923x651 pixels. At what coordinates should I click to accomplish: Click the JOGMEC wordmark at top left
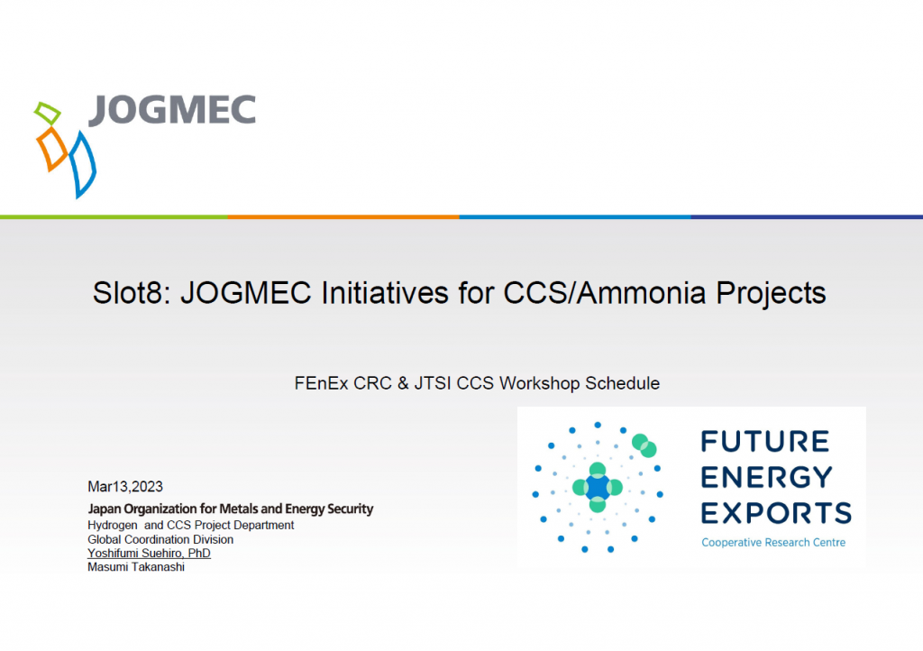[172, 110]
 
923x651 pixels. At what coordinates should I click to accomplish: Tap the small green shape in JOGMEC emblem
[48, 114]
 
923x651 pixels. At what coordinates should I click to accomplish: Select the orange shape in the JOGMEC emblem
[51, 148]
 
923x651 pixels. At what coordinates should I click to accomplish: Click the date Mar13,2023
[125, 487]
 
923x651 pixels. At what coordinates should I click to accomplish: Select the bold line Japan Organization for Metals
[230, 509]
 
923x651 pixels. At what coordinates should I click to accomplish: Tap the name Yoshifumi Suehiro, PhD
[149, 553]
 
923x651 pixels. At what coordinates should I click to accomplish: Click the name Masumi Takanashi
[136, 567]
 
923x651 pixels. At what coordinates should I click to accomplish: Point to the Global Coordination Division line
[160, 539]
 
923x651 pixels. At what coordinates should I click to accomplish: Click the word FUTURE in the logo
[765, 442]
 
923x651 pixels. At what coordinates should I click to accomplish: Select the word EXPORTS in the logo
[776, 512]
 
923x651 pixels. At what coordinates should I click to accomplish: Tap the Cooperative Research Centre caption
[773, 542]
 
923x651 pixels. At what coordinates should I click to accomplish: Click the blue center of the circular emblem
[598, 487]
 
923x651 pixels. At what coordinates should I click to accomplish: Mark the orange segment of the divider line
[343, 216]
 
